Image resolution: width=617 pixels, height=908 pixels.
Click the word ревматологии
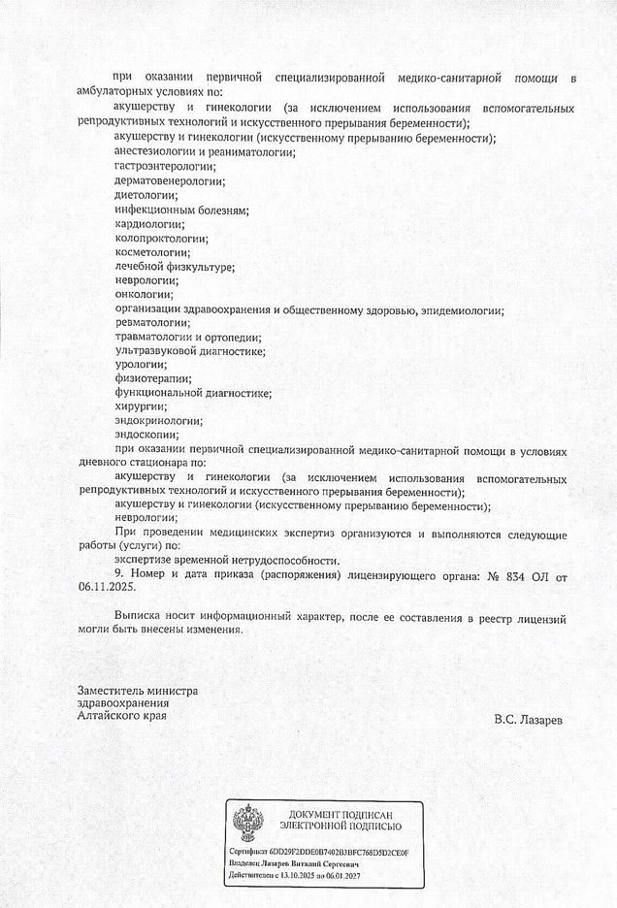pos(152,322)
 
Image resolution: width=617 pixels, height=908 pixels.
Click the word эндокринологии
pos(158,421)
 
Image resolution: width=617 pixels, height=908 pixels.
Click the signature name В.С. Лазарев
pos(527,720)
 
